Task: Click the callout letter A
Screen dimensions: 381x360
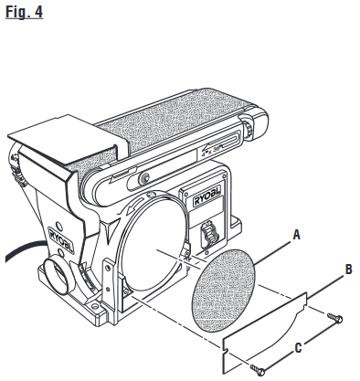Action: [294, 235]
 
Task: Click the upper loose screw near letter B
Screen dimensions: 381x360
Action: [334, 318]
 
